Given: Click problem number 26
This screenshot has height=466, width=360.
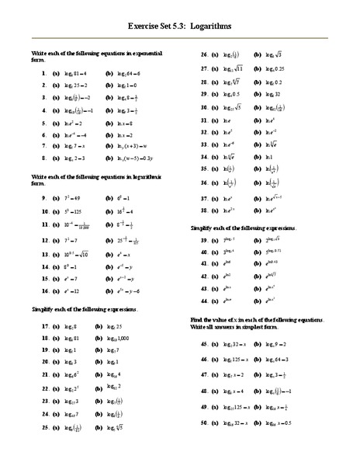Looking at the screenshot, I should pos(205,55).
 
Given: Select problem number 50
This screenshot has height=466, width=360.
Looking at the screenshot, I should pos(205,423).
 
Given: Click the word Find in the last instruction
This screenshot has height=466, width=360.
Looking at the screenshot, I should pos(197,320).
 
